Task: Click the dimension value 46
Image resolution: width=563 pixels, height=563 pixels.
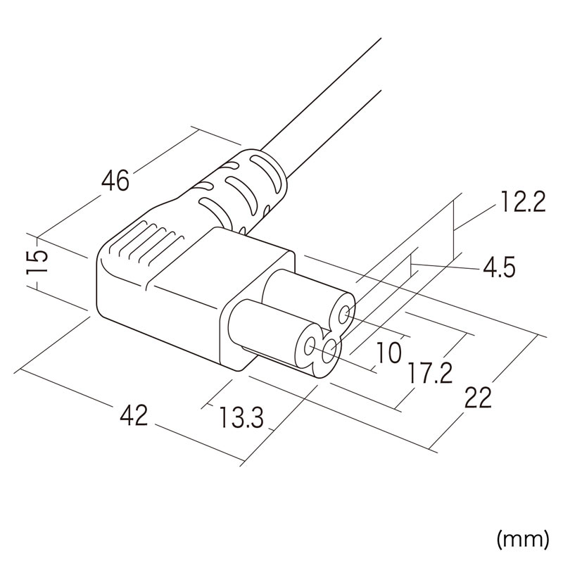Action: click(115, 180)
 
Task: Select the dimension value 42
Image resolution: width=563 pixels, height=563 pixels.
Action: click(134, 415)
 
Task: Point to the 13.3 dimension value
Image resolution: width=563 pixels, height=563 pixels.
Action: click(241, 417)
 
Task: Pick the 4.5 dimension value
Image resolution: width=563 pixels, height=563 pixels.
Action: click(499, 267)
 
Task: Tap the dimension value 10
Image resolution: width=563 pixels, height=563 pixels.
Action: click(388, 353)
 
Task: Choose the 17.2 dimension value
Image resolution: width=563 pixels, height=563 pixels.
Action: click(430, 374)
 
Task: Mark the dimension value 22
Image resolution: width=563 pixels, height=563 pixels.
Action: click(478, 398)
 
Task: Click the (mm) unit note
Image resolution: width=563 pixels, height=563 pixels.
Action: click(523, 539)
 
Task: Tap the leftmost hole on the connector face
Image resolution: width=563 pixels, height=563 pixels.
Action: click(309, 346)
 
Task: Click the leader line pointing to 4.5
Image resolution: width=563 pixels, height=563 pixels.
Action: click(446, 266)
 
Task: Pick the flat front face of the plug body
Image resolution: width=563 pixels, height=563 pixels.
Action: click(258, 312)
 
